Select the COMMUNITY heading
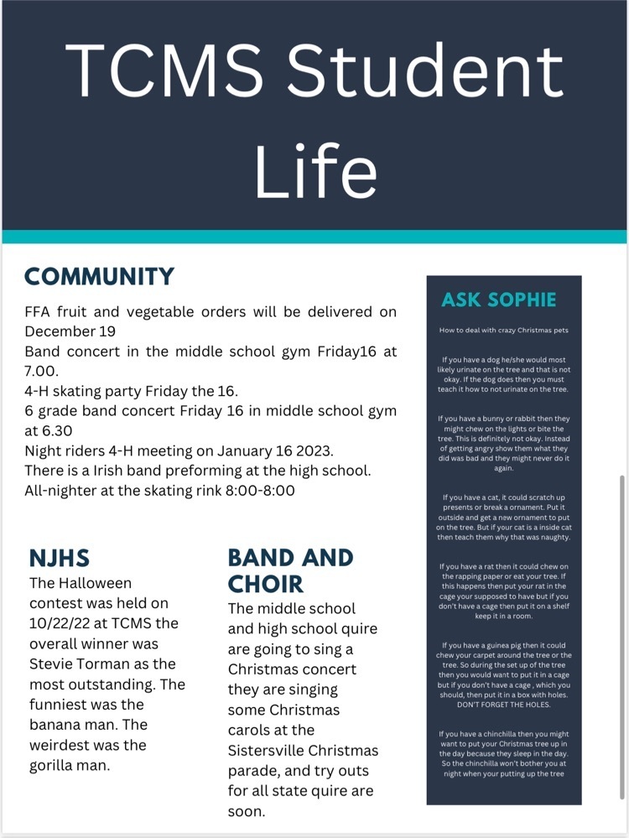pyautogui.click(x=99, y=277)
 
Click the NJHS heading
pyautogui.click(x=60, y=558)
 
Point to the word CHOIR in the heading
pyautogui.click(x=265, y=583)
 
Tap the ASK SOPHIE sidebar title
pyautogui.click(x=498, y=300)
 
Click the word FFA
pyautogui.click(x=39, y=312)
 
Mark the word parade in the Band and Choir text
pyautogui.click(x=253, y=770)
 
